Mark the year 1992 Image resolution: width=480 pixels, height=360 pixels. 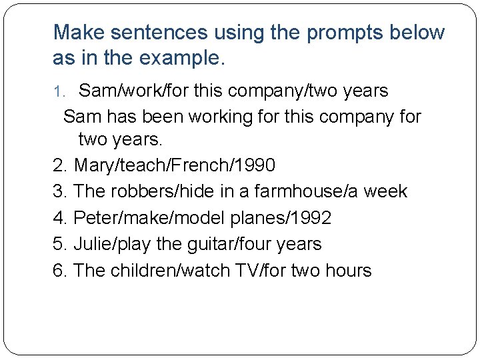tap(307, 218)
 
